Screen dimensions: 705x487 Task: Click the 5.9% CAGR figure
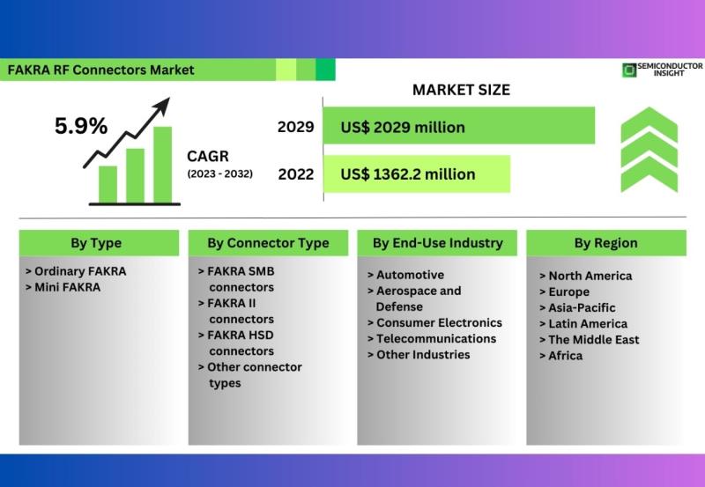coord(81,126)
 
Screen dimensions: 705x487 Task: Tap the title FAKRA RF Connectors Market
coord(100,70)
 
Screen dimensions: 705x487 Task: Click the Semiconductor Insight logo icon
coord(629,70)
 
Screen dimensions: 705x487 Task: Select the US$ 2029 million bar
coord(458,125)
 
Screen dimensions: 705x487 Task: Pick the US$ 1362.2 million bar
coord(417,173)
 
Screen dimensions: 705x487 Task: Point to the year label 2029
coord(295,127)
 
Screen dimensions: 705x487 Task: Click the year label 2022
coord(295,174)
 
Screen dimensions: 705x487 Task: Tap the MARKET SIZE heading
coord(461,90)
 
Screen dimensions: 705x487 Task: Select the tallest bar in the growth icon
coord(162,165)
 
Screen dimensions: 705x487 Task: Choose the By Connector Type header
coord(268,243)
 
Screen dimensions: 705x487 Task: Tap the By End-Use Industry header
coord(437,243)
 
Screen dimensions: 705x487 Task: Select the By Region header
coord(606,243)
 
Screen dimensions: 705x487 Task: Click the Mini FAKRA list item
coord(63,287)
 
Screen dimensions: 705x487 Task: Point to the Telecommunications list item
coord(432,339)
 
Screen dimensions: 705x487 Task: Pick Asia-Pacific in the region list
coord(577,307)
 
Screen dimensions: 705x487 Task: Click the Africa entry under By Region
coord(560,356)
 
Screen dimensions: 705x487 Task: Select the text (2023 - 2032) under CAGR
coord(219,173)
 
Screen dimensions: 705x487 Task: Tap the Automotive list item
coord(405,275)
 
